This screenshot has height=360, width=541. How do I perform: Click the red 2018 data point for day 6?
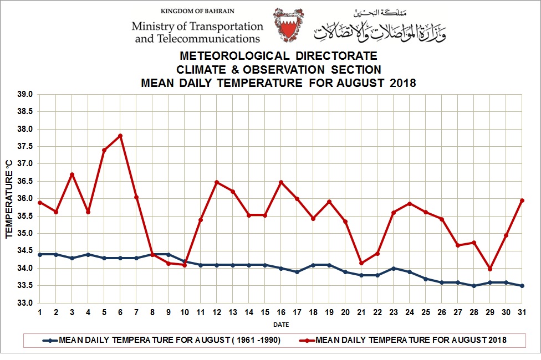coord(120,136)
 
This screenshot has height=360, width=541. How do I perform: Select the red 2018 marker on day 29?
coord(490,269)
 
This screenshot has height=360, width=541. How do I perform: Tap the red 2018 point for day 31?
coord(522,200)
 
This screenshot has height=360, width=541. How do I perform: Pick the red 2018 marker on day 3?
coord(72,174)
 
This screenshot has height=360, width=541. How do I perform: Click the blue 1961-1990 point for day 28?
coord(474,286)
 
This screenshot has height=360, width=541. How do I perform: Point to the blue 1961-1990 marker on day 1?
coord(40,254)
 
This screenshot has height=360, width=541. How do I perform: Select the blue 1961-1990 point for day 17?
coord(297,272)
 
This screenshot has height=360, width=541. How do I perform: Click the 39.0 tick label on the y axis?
coord(24,95)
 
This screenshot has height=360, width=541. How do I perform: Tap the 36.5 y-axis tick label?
coord(24,182)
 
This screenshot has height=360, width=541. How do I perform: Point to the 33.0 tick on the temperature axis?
coord(24,303)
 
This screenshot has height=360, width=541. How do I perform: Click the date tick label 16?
coord(281,312)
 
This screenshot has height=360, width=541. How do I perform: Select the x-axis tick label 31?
coord(522,312)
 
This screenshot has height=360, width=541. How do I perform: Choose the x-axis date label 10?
coord(185,312)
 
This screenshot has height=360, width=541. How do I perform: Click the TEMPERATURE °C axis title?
coord(9,199)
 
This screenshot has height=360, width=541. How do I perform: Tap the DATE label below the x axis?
coord(280,325)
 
